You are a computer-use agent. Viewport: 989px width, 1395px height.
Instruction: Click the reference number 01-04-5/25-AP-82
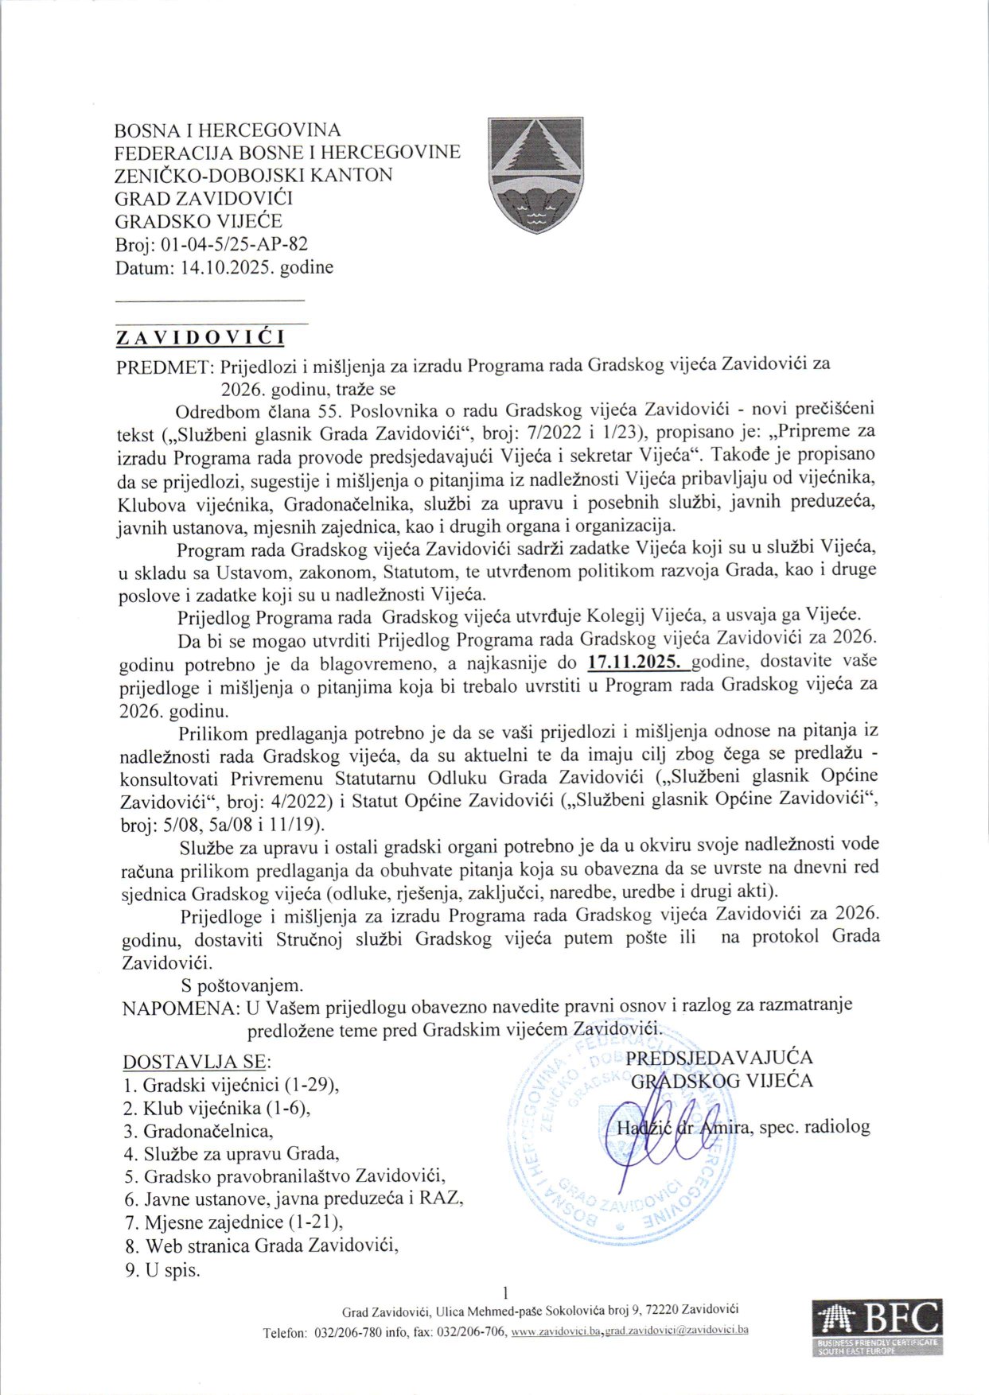click(234, 244)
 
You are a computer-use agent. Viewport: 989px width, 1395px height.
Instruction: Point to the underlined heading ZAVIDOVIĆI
click(200, 338)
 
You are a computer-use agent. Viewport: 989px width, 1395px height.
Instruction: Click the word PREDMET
click(163, 365)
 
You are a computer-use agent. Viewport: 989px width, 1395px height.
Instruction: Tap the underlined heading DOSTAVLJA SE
click(196, 1062)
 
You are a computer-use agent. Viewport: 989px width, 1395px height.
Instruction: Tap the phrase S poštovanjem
click(242, 985)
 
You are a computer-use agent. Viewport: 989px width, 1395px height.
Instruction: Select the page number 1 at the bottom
click(506, 1292)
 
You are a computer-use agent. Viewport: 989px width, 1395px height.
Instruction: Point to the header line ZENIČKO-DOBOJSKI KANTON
click(253, 175)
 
